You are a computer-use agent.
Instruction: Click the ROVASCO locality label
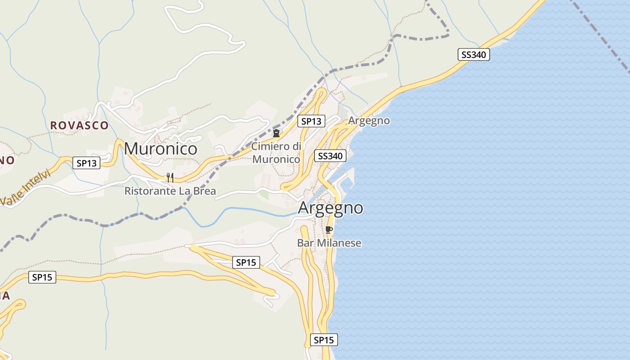pos(79,126)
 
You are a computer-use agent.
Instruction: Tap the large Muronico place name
pos(161,148)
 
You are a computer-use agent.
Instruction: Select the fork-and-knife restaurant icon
pos(170,178)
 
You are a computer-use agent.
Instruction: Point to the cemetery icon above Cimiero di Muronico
pos(276,133)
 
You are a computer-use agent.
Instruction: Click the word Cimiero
pos(270,146)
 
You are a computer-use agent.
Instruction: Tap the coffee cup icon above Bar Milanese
pos(329,230)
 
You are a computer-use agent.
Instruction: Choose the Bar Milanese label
pos(329,243)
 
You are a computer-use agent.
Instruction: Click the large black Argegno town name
pos(330,208)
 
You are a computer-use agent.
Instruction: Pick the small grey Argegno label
pos(369,121)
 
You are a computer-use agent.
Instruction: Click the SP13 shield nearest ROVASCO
pos(86,163)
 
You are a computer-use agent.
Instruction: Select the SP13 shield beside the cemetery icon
pos(311,121)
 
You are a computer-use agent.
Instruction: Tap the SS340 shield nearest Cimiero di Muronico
pos(330,156)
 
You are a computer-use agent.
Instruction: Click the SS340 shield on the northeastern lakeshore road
pos(474,55)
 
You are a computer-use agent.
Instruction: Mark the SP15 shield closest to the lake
pos(324,340)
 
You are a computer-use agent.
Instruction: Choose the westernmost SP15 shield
pos(42,277)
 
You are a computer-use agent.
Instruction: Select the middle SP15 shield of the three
pos(246,262)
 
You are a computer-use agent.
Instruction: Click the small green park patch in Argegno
pos(264,195)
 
